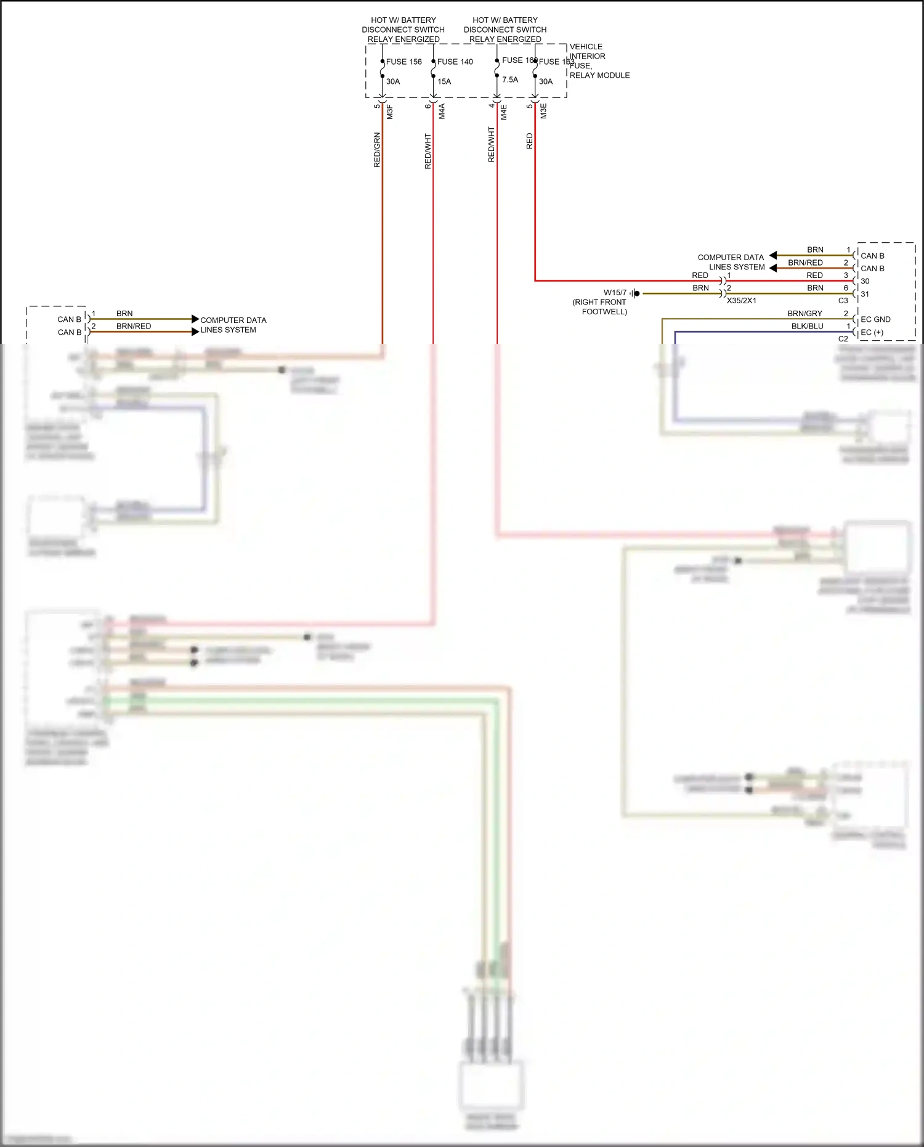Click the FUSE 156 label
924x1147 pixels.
[x=403, y=62]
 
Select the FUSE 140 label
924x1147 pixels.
[x=455, y=62]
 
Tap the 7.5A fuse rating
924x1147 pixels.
[x=510, y=80]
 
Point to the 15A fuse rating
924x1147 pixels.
[x=444, y=81]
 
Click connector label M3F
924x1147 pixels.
[x=390, y=112]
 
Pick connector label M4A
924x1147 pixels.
[x=442, y=112]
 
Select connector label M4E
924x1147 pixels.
[x=504, y=112]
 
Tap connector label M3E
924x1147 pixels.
[x=543, y=112]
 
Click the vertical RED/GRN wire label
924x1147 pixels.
[x=377, y=150]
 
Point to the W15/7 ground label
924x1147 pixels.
[x=615, y=293]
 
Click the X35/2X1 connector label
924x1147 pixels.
[x=741, y=301]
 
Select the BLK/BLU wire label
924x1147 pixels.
[x=807, y=326]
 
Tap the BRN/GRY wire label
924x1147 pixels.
[x=804, y=313]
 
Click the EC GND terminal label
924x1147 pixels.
[x=875, y=319]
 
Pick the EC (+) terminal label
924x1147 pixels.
[x=872, y=332]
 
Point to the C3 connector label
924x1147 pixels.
[x=843, y=301]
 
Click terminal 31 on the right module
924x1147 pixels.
[x=865, y=294]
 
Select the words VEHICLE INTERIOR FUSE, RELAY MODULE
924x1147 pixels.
[x=599, y=61]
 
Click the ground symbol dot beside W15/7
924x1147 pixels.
[x=637, y=293]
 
